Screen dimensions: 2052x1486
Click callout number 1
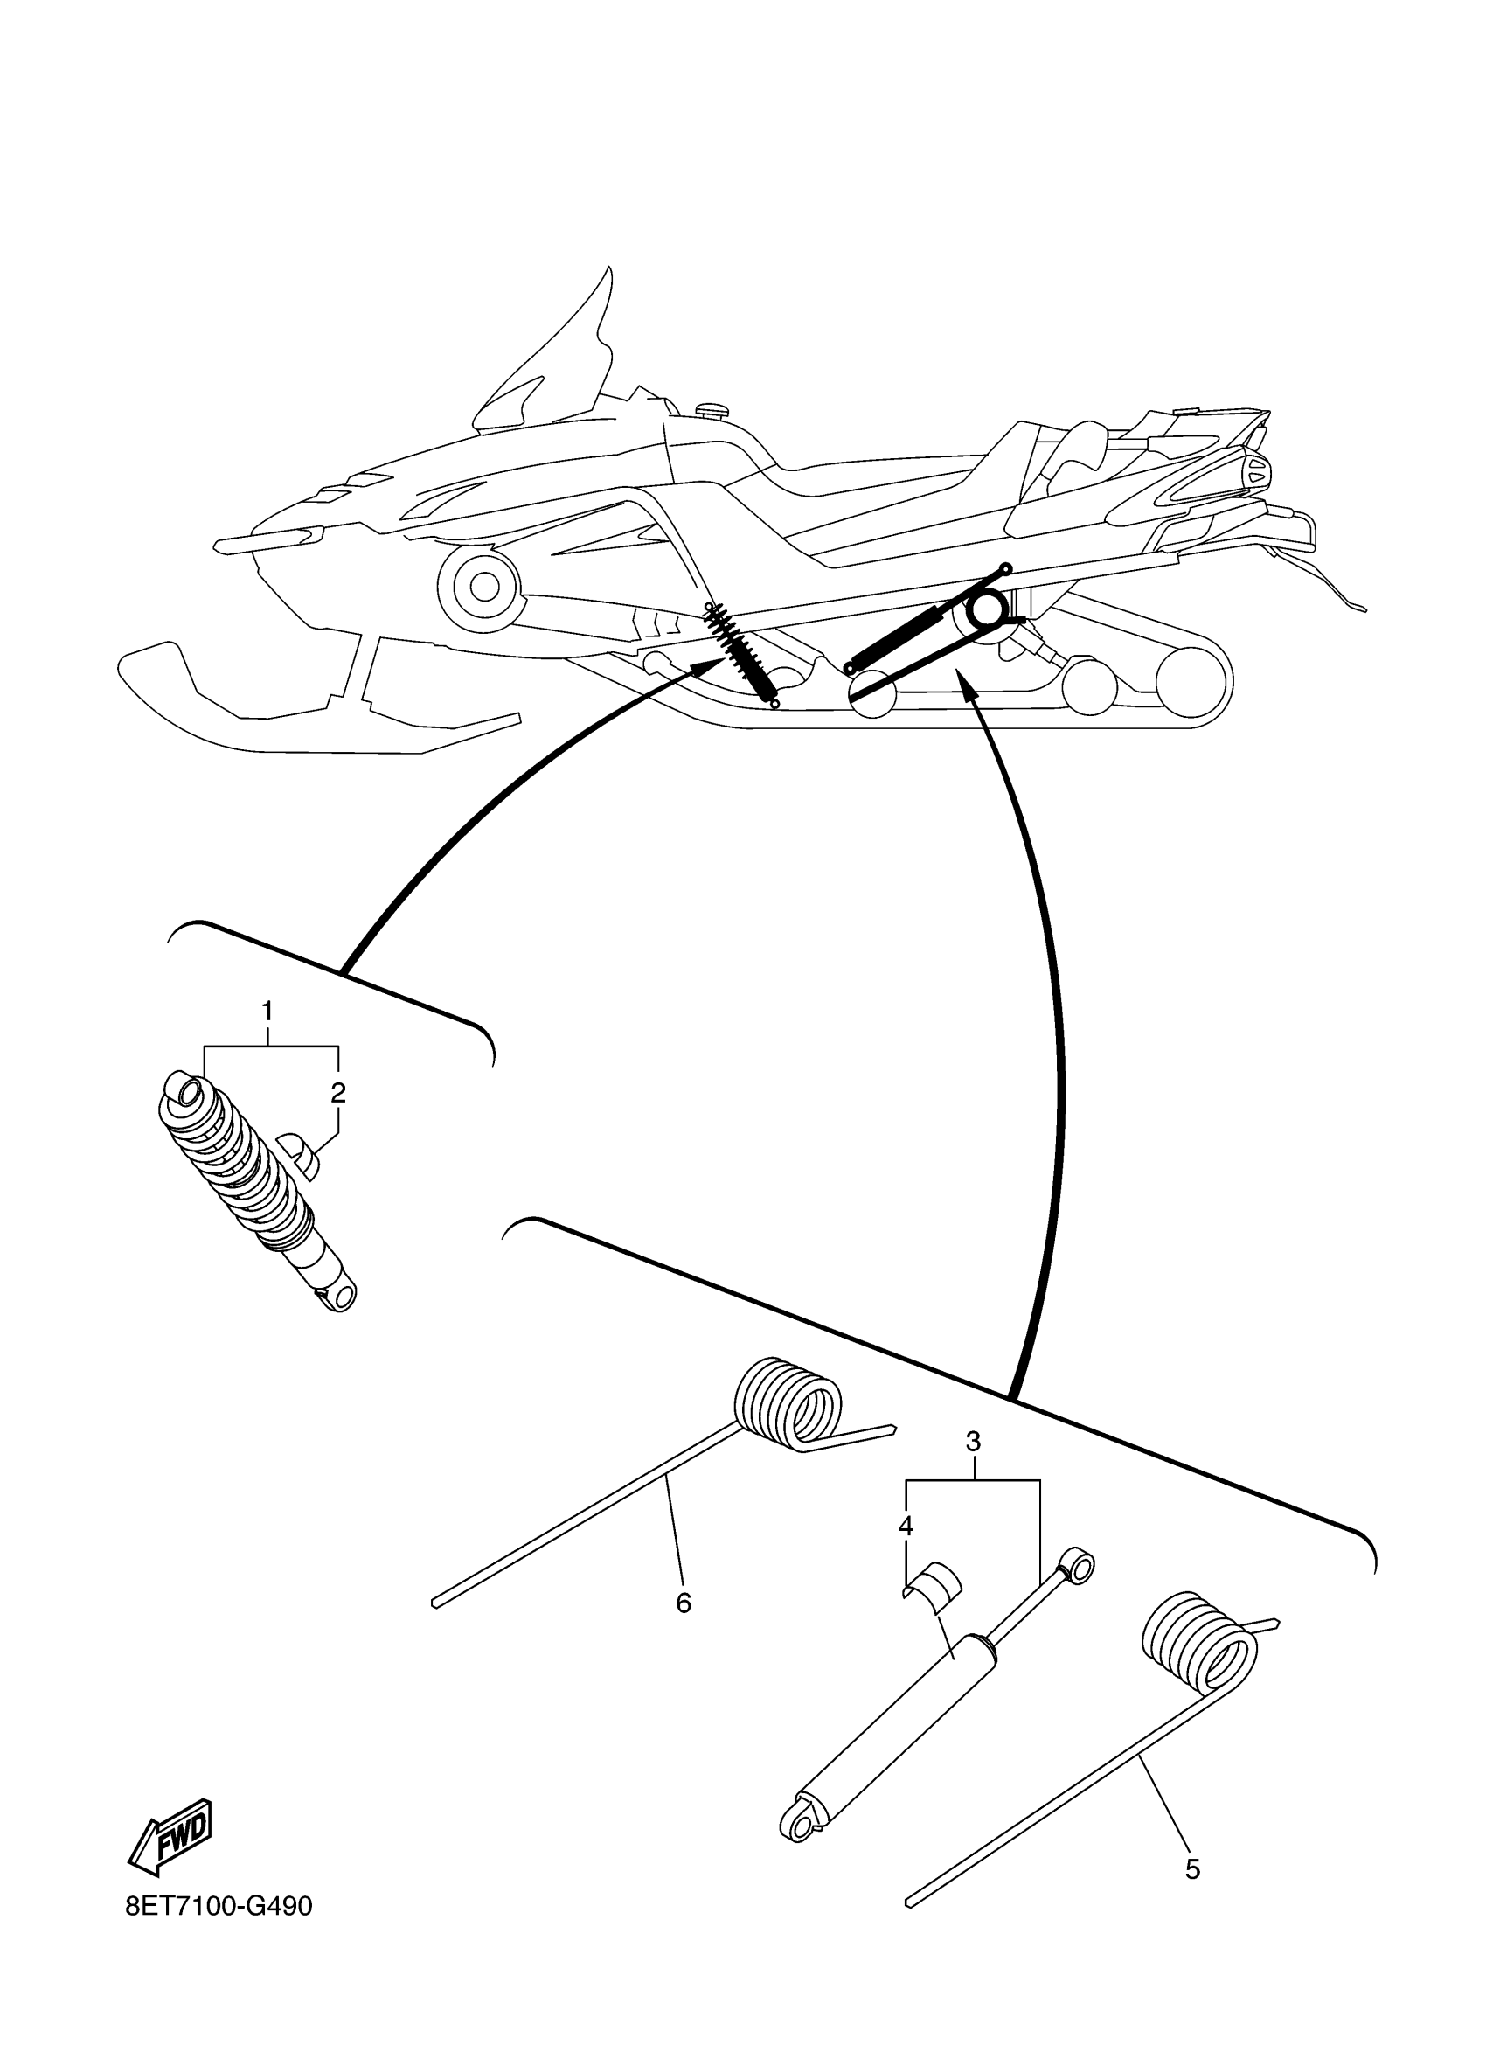click(x=267, y=1011)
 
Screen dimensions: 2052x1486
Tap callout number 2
click(x=338, y=1093)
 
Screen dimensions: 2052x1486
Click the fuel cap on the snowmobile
click(x=714, y=412)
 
